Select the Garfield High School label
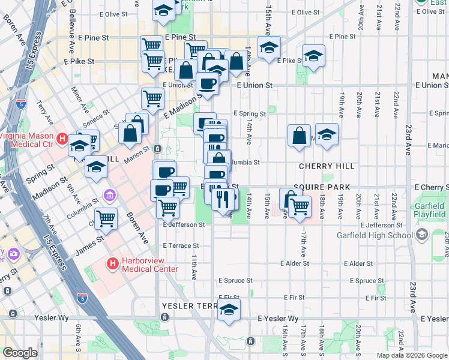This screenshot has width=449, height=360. pyautogui.click(x=375, y=235)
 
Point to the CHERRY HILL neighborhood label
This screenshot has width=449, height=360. pyautogui.click(x=323, y=166)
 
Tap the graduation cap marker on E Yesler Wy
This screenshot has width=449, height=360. pyautogui.click(x=228, y=311)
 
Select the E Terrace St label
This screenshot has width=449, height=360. pyautogui.click(x=181, y=245)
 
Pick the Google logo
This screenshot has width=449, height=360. pyautogui.click(x=20, y=353)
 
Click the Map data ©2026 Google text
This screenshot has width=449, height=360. pyautogui.click(x=411, y=355)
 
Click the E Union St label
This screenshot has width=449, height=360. pyautogui.click(x=255, y=86)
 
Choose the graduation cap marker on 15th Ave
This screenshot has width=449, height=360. pyautogui.click(x=270, y=48)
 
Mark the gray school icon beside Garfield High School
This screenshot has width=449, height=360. pyautogui.click(x=421, y=234)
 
